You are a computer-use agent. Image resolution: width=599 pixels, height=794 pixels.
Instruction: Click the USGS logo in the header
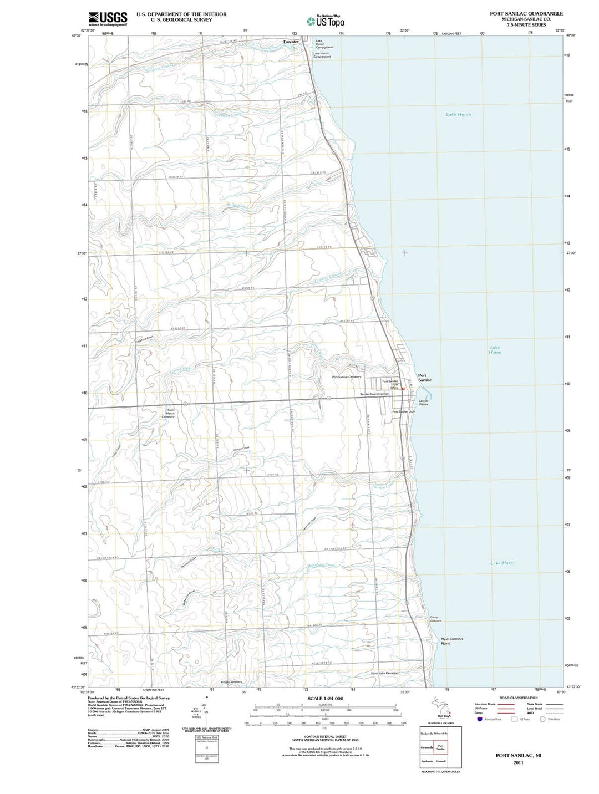[108, 19]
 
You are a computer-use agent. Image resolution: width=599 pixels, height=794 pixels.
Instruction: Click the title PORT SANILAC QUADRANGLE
[526, 14]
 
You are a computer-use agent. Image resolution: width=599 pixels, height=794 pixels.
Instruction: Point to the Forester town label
[291, 42]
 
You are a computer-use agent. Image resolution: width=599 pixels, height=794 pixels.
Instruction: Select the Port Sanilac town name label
[425, 378]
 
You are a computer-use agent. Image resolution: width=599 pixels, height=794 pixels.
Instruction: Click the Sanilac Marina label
[423, 403]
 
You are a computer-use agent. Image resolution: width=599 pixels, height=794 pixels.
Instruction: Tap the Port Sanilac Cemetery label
[347, 377]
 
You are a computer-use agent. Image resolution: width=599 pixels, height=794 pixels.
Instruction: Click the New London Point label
[451, 641]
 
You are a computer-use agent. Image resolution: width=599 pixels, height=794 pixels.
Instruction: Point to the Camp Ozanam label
[436, 619]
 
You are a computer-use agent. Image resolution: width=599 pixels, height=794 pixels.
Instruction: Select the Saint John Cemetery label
[384, 673]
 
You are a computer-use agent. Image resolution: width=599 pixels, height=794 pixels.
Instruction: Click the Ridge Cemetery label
[231, 681]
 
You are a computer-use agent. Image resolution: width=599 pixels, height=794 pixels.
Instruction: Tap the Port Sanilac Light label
[404, 412]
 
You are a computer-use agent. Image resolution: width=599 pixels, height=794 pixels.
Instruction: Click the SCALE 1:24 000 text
[325, 698]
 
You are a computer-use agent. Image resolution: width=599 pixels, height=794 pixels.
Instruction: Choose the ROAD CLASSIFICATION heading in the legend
[518, 698]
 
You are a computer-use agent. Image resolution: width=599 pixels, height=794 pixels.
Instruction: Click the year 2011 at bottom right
[518, 762]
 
